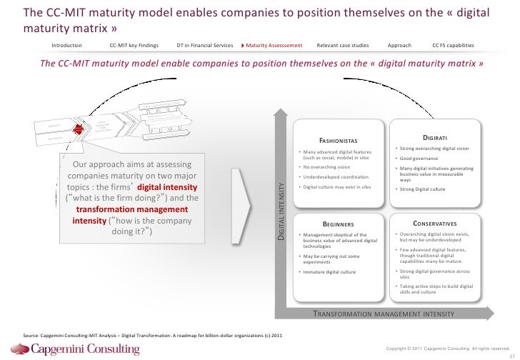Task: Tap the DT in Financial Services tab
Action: point(204,45)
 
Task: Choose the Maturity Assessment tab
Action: point(275,45)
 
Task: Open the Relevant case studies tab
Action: point(343,45)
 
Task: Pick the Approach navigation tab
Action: point(400,45)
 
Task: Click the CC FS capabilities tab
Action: point(454,45)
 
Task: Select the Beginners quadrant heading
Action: point(334,223)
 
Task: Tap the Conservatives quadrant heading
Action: point(435,223)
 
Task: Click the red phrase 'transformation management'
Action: point(132,209)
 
